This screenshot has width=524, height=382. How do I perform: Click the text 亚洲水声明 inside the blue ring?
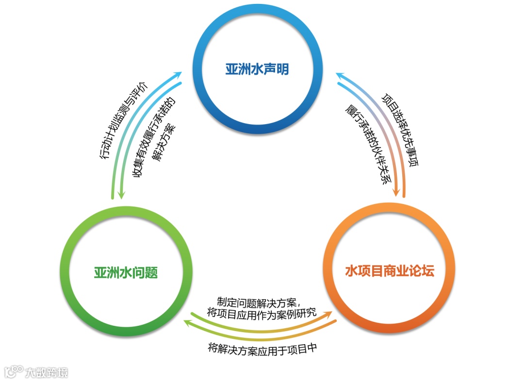coord(257,69)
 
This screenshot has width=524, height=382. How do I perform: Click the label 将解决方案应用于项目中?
coord(262,348)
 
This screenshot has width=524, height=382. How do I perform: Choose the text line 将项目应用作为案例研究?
coord(262,313)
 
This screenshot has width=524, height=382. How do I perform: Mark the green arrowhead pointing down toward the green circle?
coord(121,195)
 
